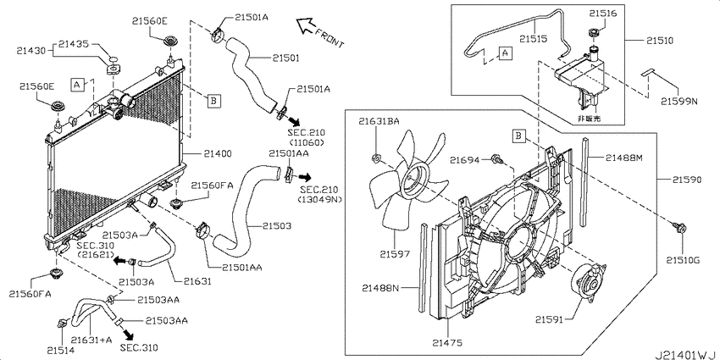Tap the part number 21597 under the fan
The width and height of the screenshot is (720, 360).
(394, 253)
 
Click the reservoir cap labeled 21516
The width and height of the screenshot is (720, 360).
(593, 33)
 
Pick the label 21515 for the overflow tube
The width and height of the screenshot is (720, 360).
(534, 39)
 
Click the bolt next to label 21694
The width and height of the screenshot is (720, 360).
(496, 159)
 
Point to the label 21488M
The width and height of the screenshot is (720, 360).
(623, 158)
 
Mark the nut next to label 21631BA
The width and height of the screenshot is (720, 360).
(375, 159)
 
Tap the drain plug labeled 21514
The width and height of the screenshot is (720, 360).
(62, 324)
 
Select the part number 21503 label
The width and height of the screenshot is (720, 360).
(277, 226)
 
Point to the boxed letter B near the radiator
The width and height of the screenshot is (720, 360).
(214, 100)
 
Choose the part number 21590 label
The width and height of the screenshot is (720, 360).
(687, 180)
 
